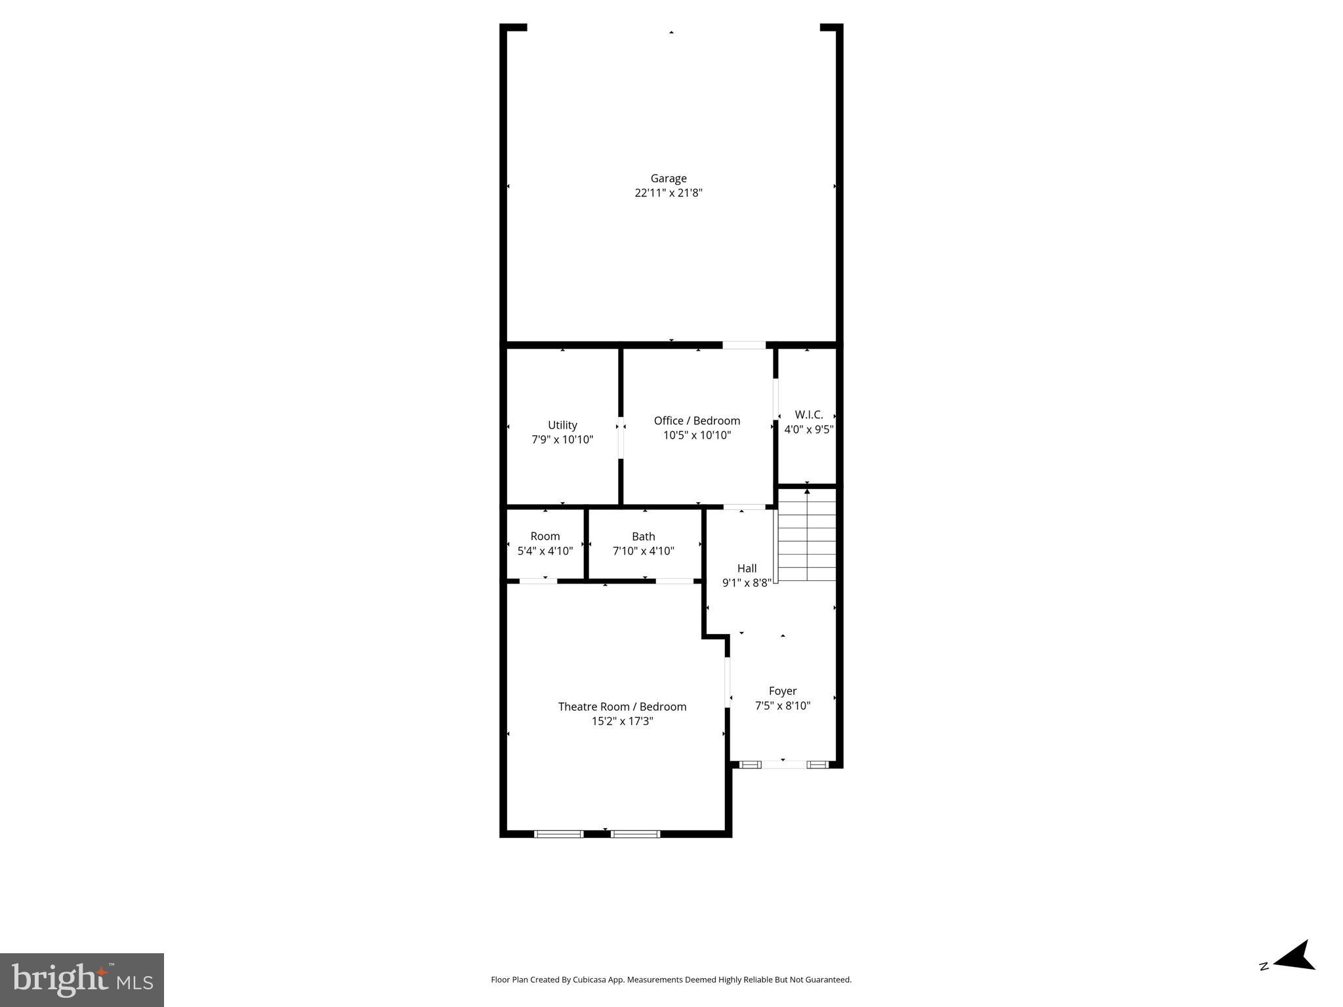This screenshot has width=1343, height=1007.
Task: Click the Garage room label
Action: pyautogui.click(x=668, y=178)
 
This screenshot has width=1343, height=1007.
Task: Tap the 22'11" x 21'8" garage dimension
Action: pyautogui.click(x=668, y=193)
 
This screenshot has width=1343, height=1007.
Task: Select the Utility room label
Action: pyautogui.click(x=562, y=425)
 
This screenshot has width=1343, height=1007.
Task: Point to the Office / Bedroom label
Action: pyautogui.click(x=697, y=421)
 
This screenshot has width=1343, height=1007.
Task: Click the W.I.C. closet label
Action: pyautogui.click(x=808, y=415)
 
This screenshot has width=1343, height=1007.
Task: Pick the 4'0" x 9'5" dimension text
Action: pyautogui.click(x=808, y=429)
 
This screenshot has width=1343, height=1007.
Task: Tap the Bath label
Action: pyautogui.click(x=643, y=536)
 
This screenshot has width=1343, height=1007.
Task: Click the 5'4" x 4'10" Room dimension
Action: pyautogui.click(x=545, y=551)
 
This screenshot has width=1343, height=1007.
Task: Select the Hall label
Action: pyautogui.click(x=747, y=568)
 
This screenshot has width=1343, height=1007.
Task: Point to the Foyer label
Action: pyautogui.click(x=782, y=691)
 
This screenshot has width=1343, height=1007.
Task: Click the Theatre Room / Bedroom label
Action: pyautogui.click(x=622, y=707)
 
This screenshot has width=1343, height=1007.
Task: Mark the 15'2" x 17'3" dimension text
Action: pyautogui.click(x=622, y=721)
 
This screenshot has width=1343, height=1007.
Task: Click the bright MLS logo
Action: pyautogui.click(x=82, y=979)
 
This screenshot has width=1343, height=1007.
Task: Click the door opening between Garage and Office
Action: pyautogui.click(x=743, y=345)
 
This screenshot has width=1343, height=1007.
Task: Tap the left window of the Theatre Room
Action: pyautogui.click(x=558, y=834)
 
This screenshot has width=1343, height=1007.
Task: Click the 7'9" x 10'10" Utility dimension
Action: pyautogui.click(x=562, y=439)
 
